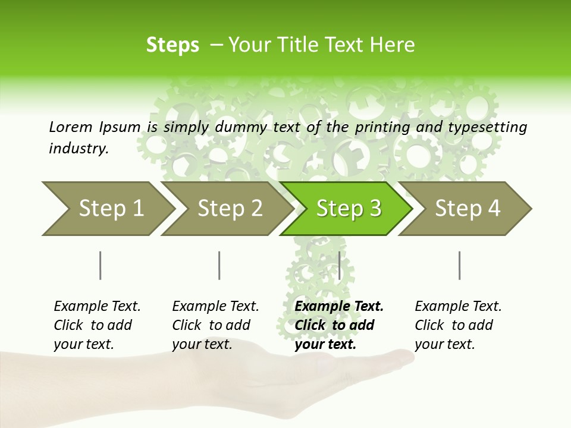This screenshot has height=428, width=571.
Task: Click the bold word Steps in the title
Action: coord(172,45)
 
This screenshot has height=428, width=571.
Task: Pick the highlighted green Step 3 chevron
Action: coord(348,208)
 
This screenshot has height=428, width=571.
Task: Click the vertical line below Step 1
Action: coord(101,265)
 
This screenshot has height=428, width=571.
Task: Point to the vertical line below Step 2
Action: coord(219,265)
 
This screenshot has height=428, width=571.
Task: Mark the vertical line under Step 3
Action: coord(339,265)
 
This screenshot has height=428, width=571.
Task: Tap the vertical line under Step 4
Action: coord(460,265)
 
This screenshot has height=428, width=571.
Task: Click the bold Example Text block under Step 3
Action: coord(338,325)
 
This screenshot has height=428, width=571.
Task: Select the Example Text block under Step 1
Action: coord(96,325)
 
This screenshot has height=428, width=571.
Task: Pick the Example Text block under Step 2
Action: coord(215,325)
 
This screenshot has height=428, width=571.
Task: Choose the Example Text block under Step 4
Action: coord(457,325)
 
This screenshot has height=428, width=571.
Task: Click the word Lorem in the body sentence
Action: coord(70,127)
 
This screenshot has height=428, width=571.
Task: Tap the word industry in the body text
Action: coord(78,149)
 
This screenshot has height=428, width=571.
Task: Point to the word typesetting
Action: coord(492,127)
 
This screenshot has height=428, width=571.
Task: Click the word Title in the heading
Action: coord(316,45)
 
